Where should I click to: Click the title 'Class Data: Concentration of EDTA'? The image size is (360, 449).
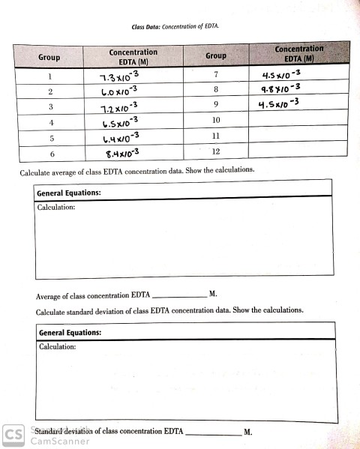[180, 27]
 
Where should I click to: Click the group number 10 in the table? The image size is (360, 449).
[216, 120]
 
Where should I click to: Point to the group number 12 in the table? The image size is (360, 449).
[216, 151]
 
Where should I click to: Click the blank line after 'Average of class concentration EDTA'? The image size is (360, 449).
[179, 295]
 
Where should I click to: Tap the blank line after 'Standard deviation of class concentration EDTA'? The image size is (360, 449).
[213, 433]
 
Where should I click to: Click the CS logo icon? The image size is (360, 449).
[13, 436]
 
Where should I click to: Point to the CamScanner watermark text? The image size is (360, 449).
[60, 442]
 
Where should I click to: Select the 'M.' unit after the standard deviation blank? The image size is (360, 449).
[248, 433]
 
